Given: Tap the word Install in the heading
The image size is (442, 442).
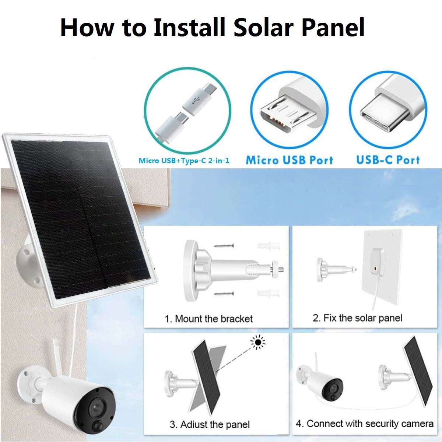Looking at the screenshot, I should pyautogui.click(x=189, y=27).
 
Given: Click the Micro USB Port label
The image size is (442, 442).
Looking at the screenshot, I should pyautogui.click(x=290, y=160).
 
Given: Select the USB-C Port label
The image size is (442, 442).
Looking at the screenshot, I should pyautogui.click(x=388, y=160).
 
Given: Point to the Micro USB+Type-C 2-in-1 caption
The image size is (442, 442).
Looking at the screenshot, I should pyautogui.click(x=184, y=161).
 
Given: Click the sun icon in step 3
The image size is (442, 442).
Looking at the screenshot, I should pyautogui.click(x=258, y=343).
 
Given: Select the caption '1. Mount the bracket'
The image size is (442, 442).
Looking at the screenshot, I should pyautogui.click(x=208, y=319).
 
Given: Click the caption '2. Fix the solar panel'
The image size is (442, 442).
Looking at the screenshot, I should pyautogui.click(x=357, y=318).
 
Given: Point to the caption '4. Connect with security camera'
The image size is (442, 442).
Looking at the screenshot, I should pyautogui.click(x=364, y=424).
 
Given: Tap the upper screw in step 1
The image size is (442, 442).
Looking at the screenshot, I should pyautogui.click(x=224, y=245).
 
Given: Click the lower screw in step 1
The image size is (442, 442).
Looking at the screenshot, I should pyautogui.click(x=224, y=294).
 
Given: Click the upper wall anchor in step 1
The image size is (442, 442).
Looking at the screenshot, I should pyautogui.click(x=267, y=246).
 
